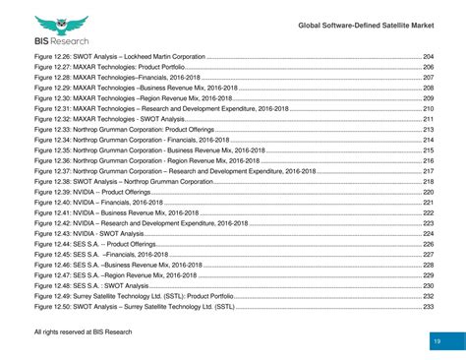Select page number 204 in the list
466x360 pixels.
429,58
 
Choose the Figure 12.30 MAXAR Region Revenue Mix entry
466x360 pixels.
134,99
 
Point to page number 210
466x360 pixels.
429,109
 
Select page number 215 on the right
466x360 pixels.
429,150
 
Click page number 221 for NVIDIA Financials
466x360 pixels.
429,203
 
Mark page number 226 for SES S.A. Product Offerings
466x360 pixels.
429,244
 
